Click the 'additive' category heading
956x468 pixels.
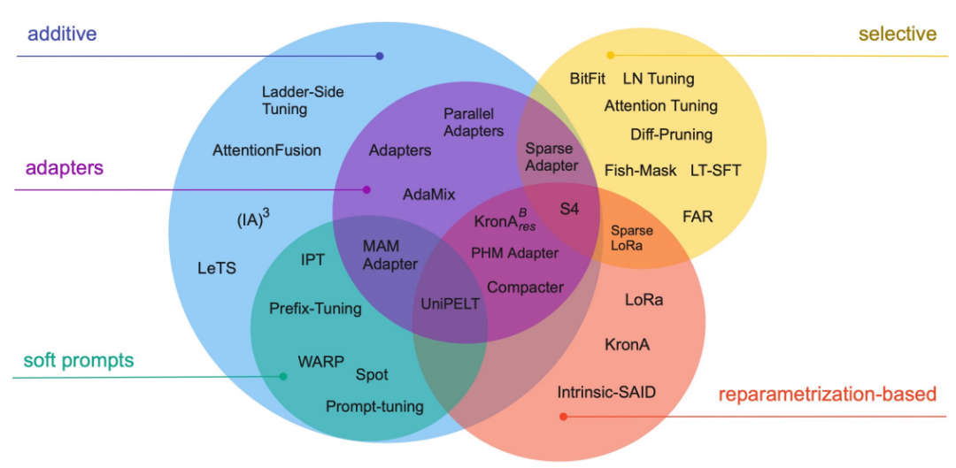62,35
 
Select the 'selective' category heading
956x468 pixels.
897,35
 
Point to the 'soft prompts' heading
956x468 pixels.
79,361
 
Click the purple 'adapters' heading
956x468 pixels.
64,167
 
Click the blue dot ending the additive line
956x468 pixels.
380,56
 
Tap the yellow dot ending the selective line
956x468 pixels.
610,55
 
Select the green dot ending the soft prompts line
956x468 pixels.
283,377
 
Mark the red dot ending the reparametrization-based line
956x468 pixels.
564,416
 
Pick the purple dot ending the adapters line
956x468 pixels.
367,189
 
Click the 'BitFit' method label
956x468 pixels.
588,79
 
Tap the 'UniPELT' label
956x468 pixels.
449,303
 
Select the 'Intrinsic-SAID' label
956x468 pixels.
606,391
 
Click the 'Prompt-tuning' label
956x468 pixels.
374,407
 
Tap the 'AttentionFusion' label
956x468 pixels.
266,150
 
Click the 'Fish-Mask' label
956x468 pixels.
640,170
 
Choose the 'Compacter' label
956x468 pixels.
525,287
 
